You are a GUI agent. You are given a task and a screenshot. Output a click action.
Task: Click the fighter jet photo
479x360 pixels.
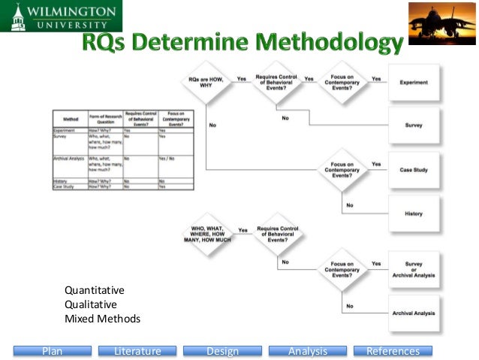442,23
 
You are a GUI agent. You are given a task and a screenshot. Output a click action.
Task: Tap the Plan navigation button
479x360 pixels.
52,351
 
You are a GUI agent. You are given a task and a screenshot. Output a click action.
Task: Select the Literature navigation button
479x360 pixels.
137,351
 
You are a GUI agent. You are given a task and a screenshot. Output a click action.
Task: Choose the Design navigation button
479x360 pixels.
222,351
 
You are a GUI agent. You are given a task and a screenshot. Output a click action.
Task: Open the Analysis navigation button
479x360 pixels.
308,351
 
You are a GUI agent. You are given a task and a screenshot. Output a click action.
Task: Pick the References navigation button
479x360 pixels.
393,351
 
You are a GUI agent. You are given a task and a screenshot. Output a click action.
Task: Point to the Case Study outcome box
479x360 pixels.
414,170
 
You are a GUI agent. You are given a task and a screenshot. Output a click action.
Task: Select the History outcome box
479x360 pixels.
414,213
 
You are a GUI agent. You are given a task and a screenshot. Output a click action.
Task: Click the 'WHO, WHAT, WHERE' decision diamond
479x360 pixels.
205,232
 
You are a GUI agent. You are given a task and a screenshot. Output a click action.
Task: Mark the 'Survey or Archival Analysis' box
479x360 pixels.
414,268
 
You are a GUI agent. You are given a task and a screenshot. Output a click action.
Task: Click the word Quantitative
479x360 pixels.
95,290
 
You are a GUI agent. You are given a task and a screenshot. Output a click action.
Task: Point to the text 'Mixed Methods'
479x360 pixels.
102,319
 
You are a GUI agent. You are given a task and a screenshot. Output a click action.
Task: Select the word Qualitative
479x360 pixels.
91,304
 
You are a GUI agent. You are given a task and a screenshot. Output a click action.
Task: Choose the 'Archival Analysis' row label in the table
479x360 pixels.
68,159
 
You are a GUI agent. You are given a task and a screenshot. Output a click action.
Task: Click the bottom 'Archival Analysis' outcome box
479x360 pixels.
414,313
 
